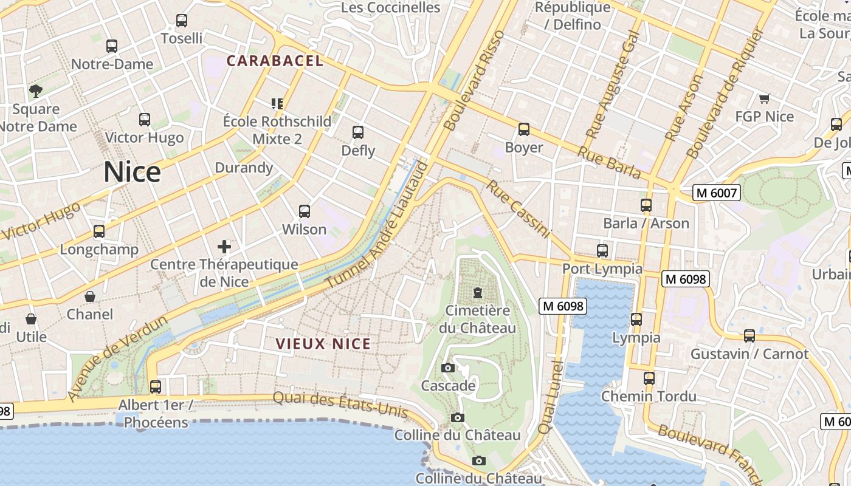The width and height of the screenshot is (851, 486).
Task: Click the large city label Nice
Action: click(132, 173)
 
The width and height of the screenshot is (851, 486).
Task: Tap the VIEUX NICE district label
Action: click(323, 344)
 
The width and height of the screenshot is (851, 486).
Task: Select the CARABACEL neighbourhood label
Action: click(275, 61)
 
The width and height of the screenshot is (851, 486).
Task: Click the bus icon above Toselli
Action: click(182, 21)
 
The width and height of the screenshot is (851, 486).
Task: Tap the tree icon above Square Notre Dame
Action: click(36, 91)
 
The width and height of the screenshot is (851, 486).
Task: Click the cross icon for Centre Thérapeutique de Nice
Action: click(224, 247)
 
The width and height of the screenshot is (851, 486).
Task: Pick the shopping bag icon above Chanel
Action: click(90, 296)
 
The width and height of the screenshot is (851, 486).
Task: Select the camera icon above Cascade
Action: click(448, 368)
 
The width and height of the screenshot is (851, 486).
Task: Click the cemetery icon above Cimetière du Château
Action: click(478, 293)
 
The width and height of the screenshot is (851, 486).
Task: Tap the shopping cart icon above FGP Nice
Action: click(764, 98)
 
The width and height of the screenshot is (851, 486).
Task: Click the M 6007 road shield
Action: click(717, 193)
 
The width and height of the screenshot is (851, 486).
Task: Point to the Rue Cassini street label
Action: click(518, 209)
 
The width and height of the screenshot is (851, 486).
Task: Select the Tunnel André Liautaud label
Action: click(377, 224)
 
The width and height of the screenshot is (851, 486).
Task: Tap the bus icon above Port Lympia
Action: click(602, 250)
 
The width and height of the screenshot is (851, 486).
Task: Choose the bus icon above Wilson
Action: click(305, 211)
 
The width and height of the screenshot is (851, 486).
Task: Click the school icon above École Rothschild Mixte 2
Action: click(277, 104)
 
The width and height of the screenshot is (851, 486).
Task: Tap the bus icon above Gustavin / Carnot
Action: click(749, 336)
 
